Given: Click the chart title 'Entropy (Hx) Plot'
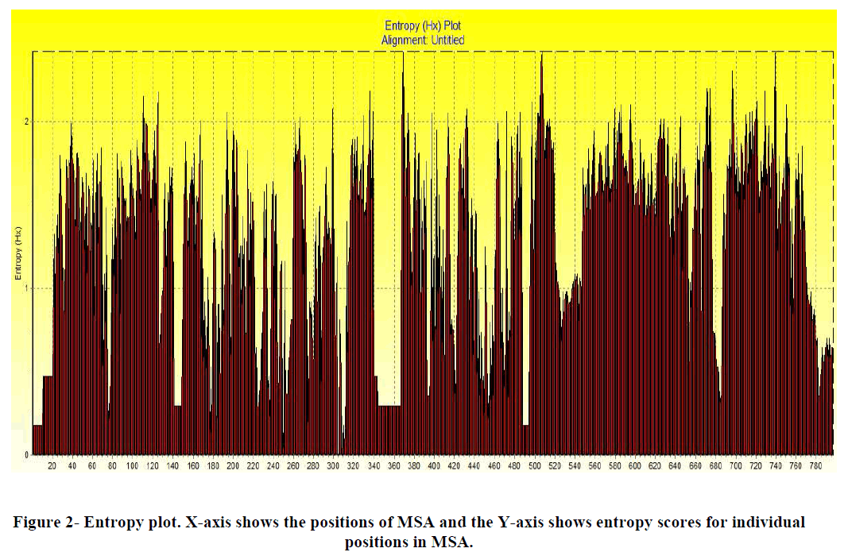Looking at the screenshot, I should (434, 26).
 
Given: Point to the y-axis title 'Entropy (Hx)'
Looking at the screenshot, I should (17, 253).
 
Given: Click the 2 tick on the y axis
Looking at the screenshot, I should (26, 122).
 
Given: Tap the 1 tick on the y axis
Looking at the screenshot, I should (26, 288).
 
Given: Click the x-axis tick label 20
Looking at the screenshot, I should (52, 466).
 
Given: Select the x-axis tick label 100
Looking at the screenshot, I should (132, 466).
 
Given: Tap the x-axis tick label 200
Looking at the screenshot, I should (233, 466).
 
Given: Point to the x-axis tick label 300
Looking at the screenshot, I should (333, 466).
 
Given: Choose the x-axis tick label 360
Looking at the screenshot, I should (393, 466).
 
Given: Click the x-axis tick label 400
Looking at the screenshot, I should (434, 466).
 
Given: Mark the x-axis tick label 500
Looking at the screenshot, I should (534, 466).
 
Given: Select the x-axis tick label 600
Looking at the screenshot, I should (634, 466).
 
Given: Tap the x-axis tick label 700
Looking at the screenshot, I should (735, 466).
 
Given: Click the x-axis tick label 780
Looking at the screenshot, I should (815, 466).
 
